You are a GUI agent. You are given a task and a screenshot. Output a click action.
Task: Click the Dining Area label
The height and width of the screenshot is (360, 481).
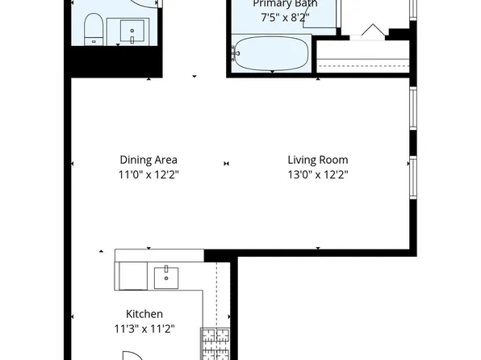click(148, 160)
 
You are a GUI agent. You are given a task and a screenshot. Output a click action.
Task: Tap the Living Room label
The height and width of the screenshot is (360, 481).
click(317, 160)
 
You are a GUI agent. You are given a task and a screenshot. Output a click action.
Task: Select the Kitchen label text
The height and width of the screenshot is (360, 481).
click(144, 314)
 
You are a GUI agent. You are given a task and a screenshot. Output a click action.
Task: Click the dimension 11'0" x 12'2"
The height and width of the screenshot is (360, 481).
click(148, 174)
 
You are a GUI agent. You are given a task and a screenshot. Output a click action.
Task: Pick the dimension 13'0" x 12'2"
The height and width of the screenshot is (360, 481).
click(317, 174)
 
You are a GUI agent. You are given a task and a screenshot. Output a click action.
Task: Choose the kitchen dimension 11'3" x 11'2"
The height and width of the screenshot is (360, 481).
click(145, 329)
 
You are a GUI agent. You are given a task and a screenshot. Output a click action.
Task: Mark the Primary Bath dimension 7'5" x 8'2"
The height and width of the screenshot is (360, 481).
click(285, 17)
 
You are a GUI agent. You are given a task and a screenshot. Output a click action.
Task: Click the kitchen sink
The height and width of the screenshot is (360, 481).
click(167, 276)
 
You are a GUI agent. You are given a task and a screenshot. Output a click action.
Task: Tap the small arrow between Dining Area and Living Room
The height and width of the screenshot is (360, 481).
click(226, 163)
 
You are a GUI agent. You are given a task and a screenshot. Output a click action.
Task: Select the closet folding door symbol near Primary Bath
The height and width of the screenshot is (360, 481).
click(371, 31)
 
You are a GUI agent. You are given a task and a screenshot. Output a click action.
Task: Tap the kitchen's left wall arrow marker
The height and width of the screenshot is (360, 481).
click(73, 316)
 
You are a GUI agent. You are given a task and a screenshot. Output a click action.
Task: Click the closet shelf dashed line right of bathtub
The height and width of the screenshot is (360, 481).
click(363, 63)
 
